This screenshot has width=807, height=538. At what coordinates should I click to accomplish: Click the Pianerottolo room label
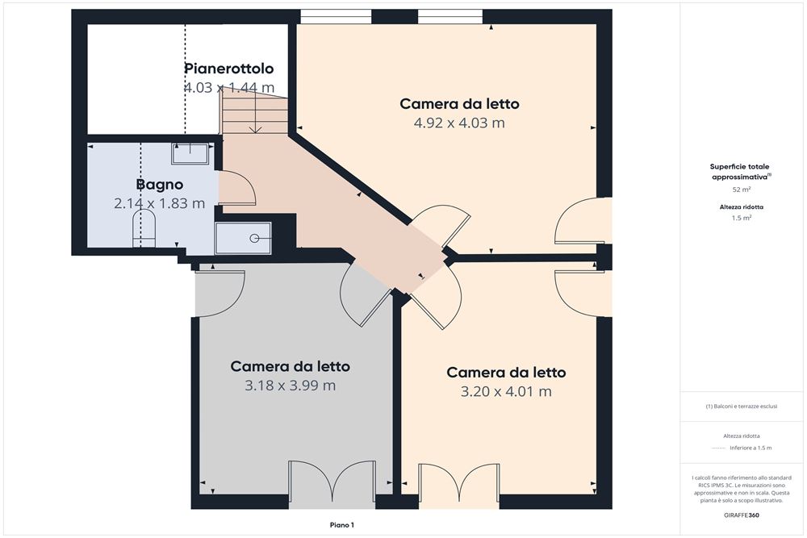coord(229,69)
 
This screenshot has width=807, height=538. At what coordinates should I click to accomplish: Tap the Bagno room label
coord(159,184)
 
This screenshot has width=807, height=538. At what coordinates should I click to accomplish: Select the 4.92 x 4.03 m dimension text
coord(459,123)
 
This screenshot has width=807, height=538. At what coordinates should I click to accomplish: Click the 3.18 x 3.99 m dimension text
coord(290,386)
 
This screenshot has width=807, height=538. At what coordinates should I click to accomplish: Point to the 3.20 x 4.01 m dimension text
coord(506,392)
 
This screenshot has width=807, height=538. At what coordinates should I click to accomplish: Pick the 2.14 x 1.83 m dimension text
coord(159,203)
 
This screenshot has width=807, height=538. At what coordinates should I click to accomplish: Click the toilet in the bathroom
coord(143,234)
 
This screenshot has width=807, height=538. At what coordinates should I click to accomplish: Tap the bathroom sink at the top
coord(190,153)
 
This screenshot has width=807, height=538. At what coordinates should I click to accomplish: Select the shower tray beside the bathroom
coord(243,238)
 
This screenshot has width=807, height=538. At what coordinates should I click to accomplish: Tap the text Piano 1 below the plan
coord(342,525)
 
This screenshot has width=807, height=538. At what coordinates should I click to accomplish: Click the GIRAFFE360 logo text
coord(741,515)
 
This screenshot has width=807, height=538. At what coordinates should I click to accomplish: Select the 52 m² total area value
coord(741,190)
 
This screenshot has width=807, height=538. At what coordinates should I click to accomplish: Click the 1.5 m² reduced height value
coord(741,217)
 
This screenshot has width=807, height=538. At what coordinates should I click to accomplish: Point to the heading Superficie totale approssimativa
coord(741,171)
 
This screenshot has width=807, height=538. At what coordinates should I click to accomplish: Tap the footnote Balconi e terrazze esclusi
coord(741,407)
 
